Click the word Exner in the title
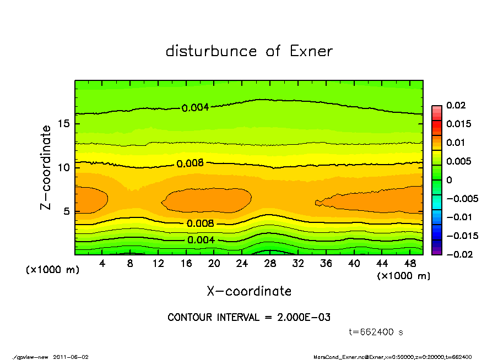coord(311,51)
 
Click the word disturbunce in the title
coord(211,51)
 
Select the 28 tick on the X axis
coord(270,264)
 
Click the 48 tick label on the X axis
coord(409,264)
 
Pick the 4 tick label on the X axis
coord(102,264)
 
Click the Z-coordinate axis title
coord(46,167)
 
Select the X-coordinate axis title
coord(249,291)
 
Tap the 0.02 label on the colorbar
coord(457,105)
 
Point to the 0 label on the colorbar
coord(449,180)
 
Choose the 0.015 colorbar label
coord(459,124)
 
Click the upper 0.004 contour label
coord(196,107)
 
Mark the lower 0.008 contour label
coord(201,223)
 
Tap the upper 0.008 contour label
coord(190,163)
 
